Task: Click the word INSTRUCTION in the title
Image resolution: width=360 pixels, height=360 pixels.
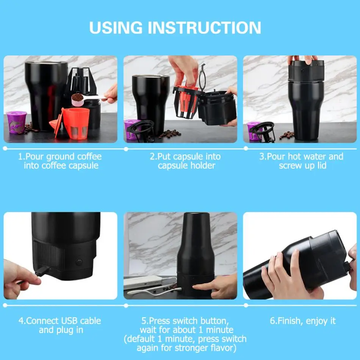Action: pos(204,28)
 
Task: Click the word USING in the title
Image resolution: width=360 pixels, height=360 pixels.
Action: pos(116,28)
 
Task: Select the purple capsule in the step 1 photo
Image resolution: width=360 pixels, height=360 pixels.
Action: pos(16,122)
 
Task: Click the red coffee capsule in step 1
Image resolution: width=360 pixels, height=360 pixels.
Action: pos(73,124)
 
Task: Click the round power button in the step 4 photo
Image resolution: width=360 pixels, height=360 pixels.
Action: pos(79,262)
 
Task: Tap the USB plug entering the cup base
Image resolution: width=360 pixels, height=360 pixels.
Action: pos(42,271)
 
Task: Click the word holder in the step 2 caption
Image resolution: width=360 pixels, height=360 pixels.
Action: pos(204,166)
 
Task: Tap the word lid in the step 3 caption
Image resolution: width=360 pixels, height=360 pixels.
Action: pos(322,166)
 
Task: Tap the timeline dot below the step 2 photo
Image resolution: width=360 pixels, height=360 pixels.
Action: pos(126,149)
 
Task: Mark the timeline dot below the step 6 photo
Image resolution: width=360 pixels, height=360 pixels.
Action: pos(246,305)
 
